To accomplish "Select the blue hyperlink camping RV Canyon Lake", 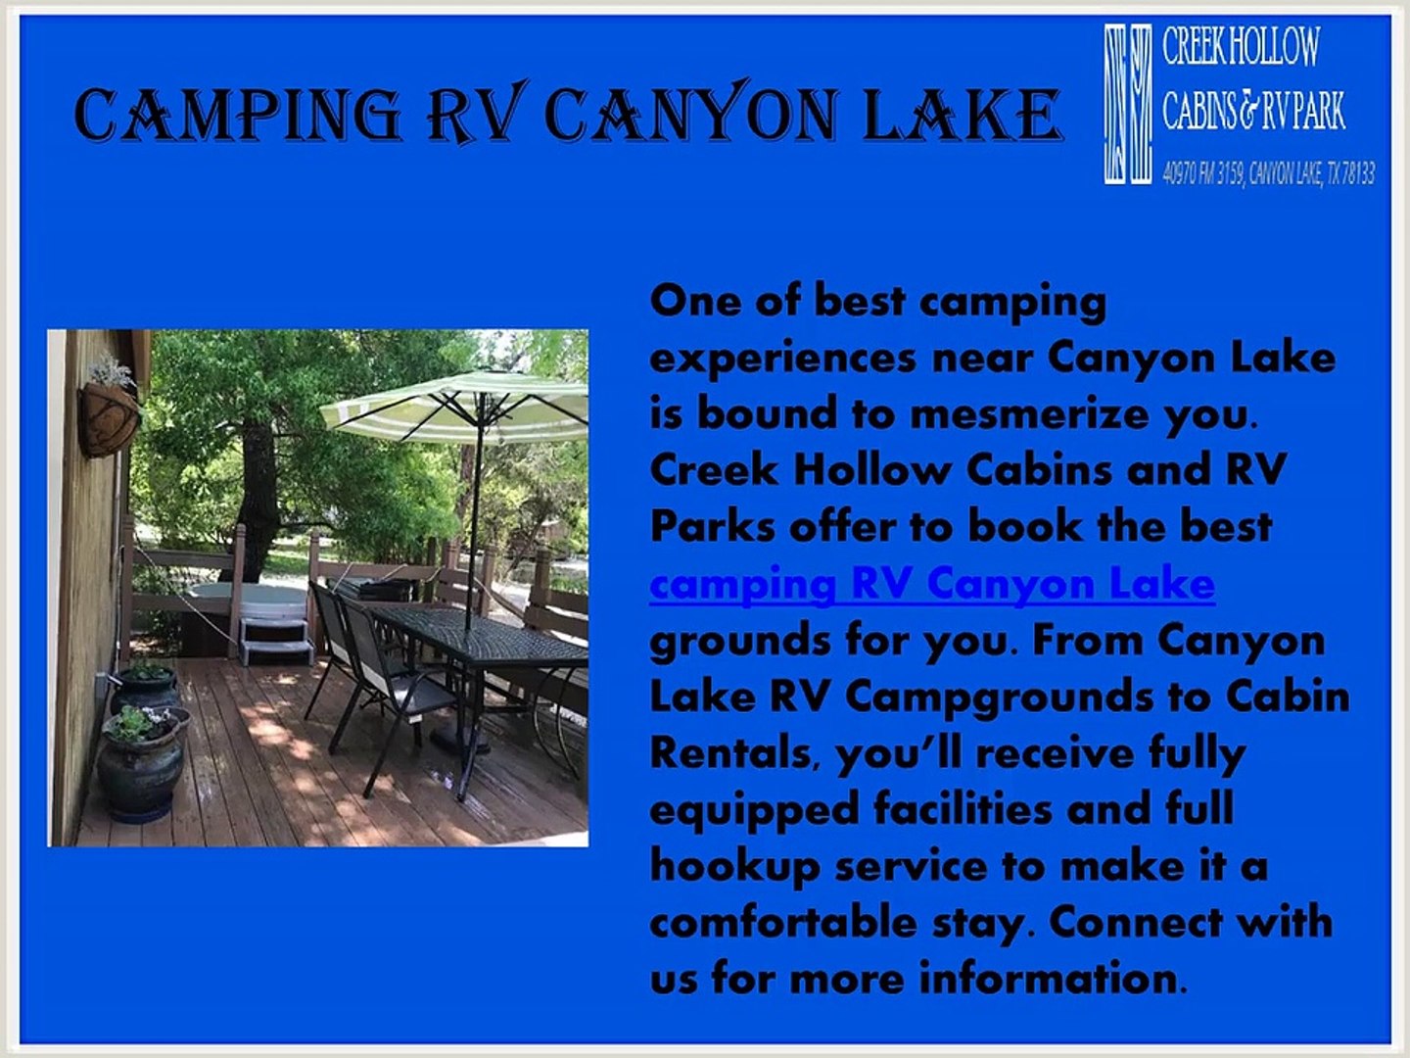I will coord(931,584).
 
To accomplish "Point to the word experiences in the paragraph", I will coord(783,358).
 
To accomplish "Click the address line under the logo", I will coord(1267,174).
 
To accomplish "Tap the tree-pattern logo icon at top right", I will coord(1127,104).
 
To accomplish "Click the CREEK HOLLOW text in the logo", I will coord(1240,47).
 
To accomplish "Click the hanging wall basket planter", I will coord(108,416).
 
